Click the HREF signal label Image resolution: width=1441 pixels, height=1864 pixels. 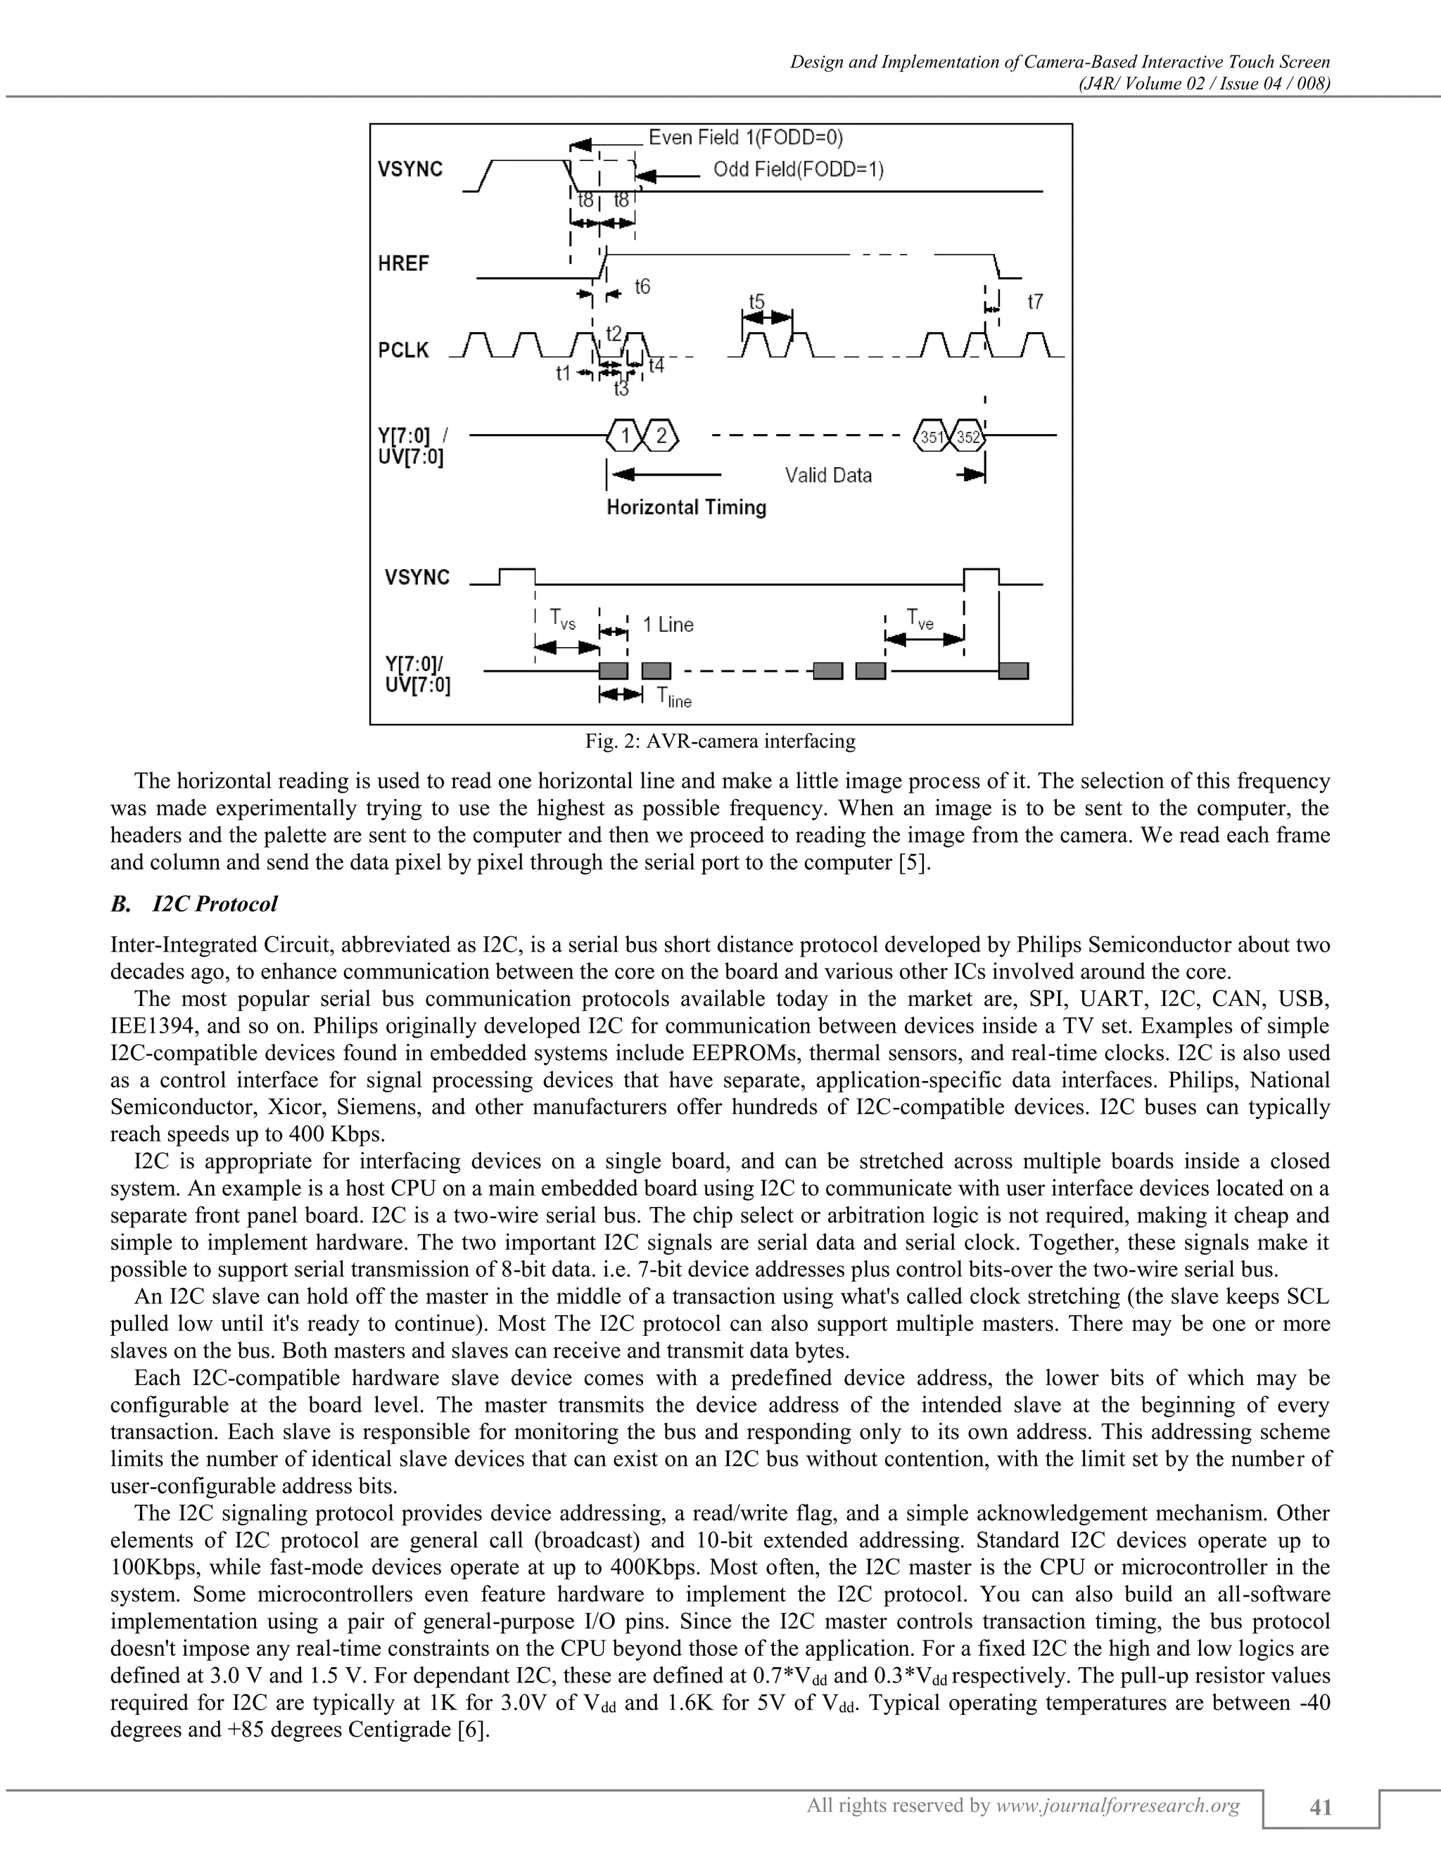[x=403, y=264]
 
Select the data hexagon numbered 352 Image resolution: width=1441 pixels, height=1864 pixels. [x=967, y=437]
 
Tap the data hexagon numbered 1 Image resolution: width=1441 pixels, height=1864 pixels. [x=625, y=437]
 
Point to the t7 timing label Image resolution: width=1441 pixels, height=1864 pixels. [x=1034, y=302]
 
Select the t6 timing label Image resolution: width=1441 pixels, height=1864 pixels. [x=642, y=287]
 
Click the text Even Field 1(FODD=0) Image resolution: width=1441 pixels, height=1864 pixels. [x=745, y=137]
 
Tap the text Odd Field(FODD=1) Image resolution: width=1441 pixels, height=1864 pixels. [x=798, y=170]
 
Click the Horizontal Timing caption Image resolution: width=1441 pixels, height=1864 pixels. [x=686, y=508]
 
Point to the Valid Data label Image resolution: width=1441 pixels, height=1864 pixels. [x=828, y=475]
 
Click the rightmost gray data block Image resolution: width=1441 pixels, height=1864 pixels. [x=1013, y=671]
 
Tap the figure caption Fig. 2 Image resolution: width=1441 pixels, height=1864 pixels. [x=720, y=741]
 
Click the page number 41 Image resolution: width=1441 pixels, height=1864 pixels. [x=1320, y=1807]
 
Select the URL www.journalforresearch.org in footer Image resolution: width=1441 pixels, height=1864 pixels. [x=1117, y=1805]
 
